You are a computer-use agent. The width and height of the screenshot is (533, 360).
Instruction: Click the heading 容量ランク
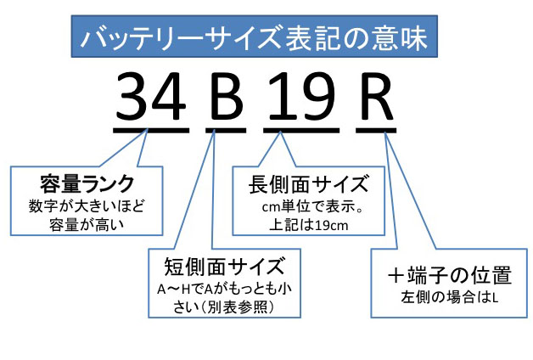pos(87,183)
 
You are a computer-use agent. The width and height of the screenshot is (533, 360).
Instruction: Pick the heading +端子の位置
pos(449,277)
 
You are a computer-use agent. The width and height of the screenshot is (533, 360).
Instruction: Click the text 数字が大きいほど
pos(87,205)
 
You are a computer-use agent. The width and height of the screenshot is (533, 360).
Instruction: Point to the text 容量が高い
pos(87,222)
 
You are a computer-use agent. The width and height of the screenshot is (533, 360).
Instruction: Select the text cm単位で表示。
pos(296,207)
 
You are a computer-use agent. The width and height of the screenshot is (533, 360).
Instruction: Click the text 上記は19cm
pos(296,225)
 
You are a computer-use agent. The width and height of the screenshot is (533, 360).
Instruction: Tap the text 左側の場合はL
pos(449,298)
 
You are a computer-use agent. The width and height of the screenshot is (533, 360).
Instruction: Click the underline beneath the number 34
pos(151,128)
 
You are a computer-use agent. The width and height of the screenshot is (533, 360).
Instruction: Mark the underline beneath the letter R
pos(375,128)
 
